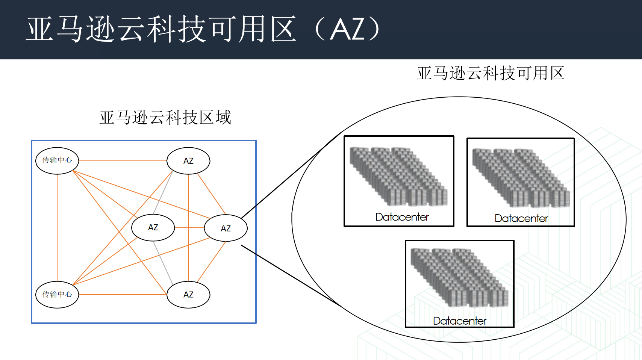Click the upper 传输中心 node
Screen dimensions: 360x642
pyautogui.click(x=57, y=160)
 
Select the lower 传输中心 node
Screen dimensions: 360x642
pyautogui.click(x=57, y=295)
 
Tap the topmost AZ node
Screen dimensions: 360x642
pyautogui.click(x=188, y=161)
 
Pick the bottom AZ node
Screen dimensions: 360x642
pyautogui.click(x=188, y=295)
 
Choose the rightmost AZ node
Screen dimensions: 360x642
pyautogui.click(x=226, y=228)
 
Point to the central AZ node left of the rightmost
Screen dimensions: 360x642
pyautogui.click(x=153, y=227)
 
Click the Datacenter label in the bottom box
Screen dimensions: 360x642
pyautogui.click(x=459, y=321)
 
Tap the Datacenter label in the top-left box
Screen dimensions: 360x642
pyautogui.click(x=402, y=217)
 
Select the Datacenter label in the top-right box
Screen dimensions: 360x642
pyautogui.click(x=521, y=218)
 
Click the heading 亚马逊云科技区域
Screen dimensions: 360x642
pyautogui.click(x=165, y=118)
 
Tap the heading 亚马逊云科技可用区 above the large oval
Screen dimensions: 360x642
pyautogui.click(x=491, y=73)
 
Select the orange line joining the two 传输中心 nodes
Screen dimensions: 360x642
pyautogui.click(x=57, y=227)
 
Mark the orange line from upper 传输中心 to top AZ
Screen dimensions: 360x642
pyautogui.click(x=123, y=161)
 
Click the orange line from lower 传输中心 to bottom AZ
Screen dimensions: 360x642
pyautogui.click(x=123, y=295)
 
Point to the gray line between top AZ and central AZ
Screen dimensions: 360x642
pyautogui.click(x=163, y=192)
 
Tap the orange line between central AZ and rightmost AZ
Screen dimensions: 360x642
pyautogui.click(x=189, y=228)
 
